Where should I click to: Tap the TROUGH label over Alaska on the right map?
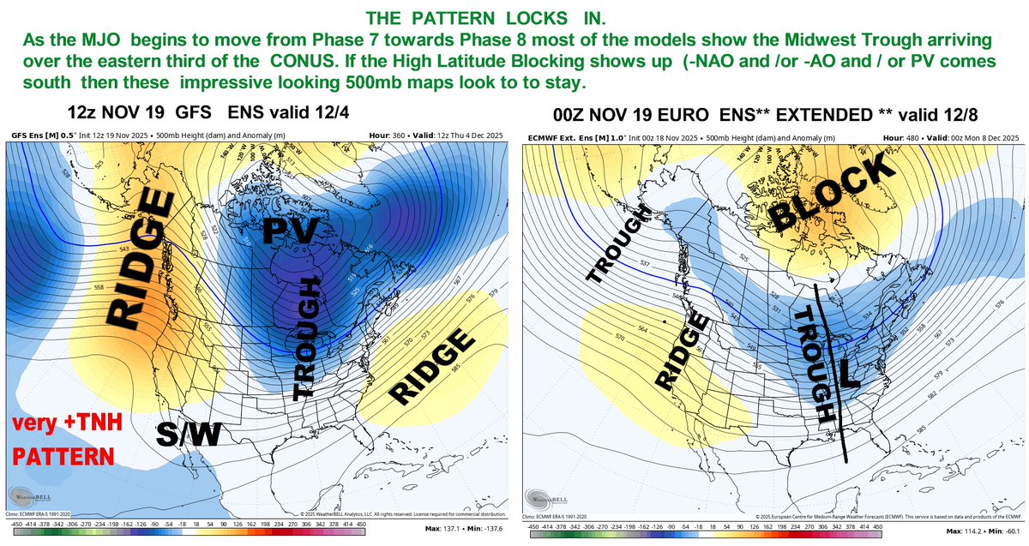point(616,248)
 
